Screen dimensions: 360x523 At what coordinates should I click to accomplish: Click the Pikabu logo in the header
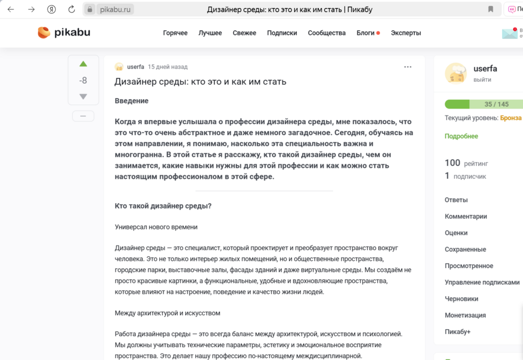(64, 33)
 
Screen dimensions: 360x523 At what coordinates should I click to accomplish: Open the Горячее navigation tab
(175, 33)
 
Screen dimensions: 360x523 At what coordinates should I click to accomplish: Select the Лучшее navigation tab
(210, 33)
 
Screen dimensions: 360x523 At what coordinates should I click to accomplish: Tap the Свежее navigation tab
(244, 33)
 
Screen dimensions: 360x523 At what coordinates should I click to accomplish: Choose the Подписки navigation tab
(282, 33)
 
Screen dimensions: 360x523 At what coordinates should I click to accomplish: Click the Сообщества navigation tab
(327, 33)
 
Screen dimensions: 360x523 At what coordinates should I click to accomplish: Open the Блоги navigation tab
(366, 33)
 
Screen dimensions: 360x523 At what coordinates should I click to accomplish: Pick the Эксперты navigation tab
(406, 33)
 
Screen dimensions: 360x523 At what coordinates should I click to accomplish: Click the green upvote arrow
(83, 64)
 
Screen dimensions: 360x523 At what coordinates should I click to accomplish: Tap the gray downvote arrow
(83, 96)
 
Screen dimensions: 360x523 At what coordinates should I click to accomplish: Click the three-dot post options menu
(407, 67)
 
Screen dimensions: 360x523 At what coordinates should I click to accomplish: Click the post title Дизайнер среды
(200, 81)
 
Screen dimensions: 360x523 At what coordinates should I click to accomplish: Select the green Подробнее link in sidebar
(461, 136)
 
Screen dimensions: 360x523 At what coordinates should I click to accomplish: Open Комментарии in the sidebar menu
(465, 216)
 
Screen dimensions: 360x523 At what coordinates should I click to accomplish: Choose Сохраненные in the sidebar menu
(465, 249)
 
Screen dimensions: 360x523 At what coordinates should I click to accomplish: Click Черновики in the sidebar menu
(461, 298)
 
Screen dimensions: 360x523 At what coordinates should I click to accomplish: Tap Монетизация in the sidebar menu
(465, 315)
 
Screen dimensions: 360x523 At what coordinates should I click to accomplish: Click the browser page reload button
(71, 9)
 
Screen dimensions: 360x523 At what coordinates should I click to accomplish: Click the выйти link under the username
(482, 80)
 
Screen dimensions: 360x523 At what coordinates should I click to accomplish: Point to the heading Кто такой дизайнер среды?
(163, 206)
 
